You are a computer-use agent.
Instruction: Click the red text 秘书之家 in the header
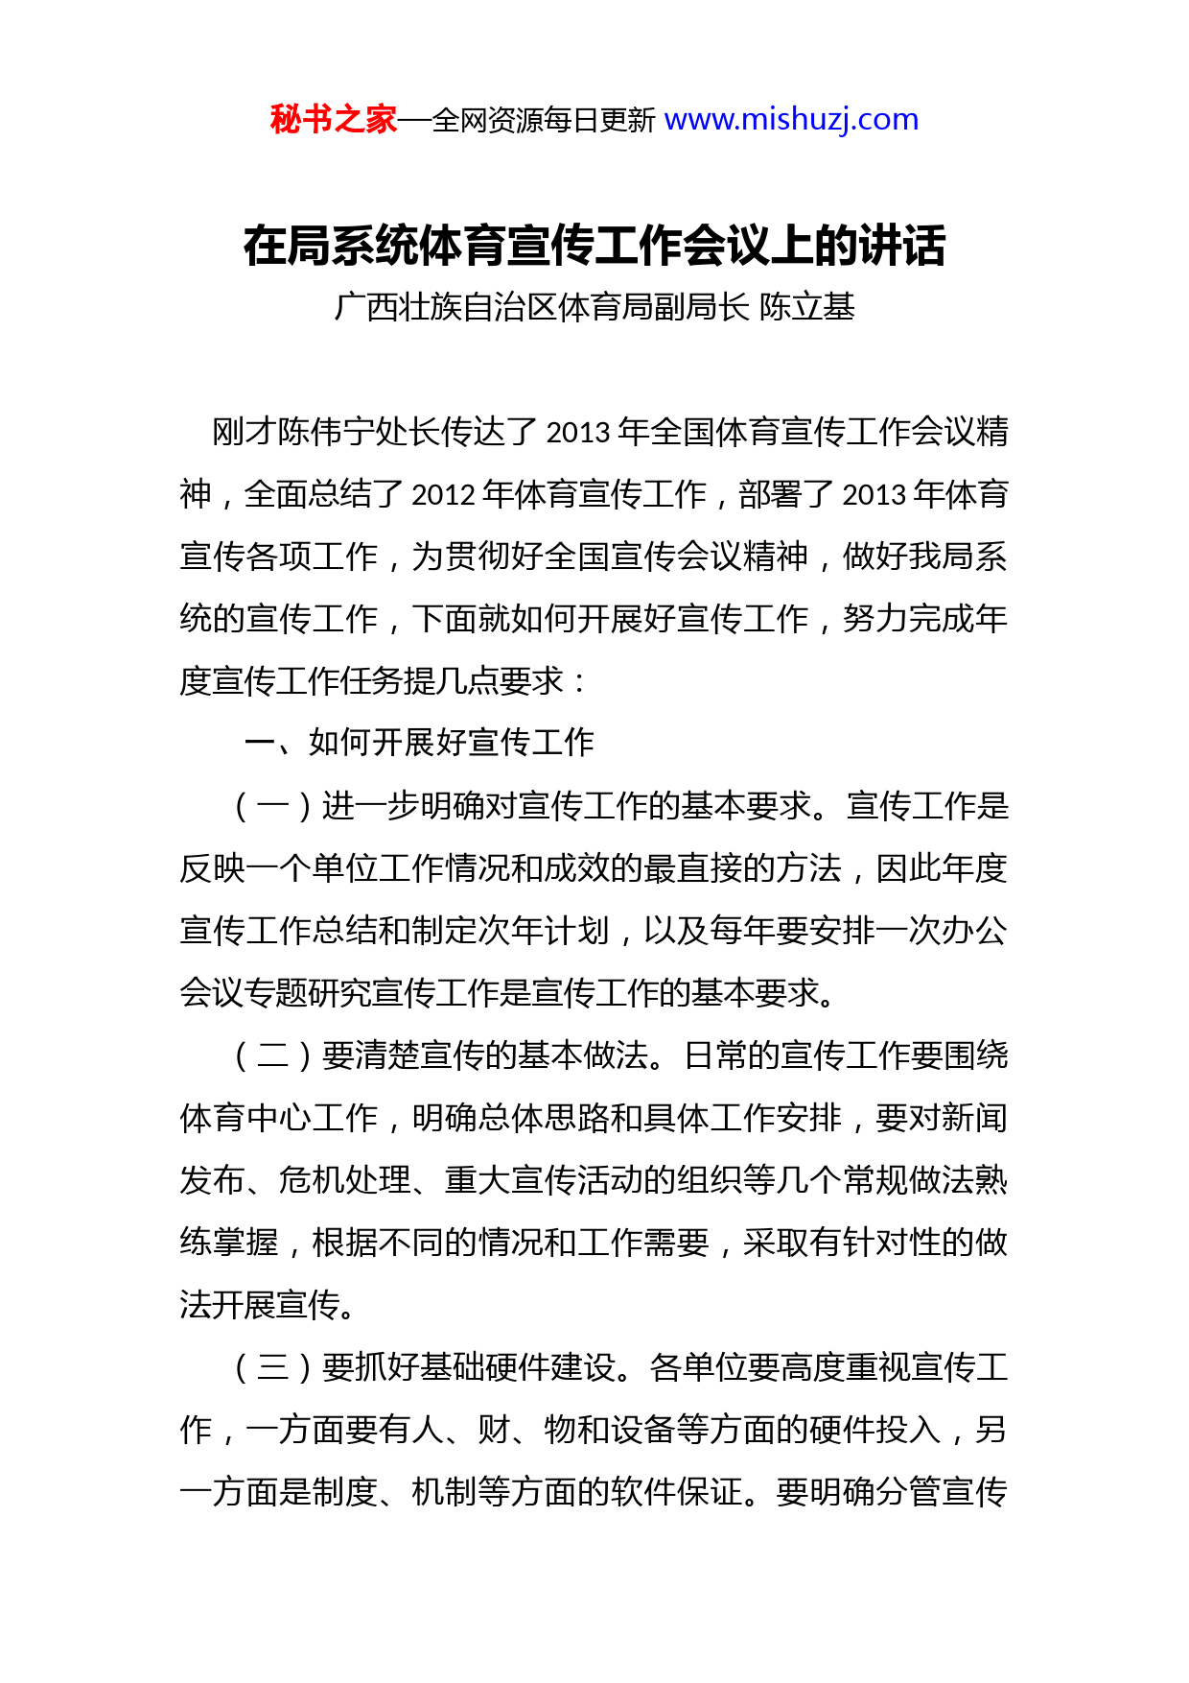(x=333, y=120)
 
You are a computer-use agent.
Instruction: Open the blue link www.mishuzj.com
(x=791, y=120)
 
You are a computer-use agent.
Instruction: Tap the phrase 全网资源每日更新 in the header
(x=544, y=121)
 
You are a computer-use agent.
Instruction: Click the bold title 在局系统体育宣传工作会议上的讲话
(x=594, y=246)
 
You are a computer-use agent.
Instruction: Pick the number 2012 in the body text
(x=443, y=494)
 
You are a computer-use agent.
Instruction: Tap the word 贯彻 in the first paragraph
(x=478, y=557)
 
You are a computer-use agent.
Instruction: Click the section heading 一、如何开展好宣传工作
(x=419, y=743)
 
